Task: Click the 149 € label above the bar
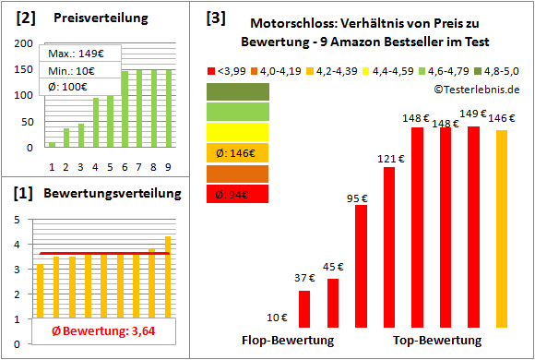coord(473,114)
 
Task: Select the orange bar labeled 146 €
coord(501,228)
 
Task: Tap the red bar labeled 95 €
coord(361,266)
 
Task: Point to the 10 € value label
coord(276,318)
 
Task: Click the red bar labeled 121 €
coord(389,247)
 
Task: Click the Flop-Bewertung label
coord(287,340)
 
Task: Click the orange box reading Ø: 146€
coord(238,152)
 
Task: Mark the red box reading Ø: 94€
coord(238,194)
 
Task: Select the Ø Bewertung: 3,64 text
coord(95,331)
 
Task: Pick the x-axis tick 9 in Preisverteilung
coord(166,167)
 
